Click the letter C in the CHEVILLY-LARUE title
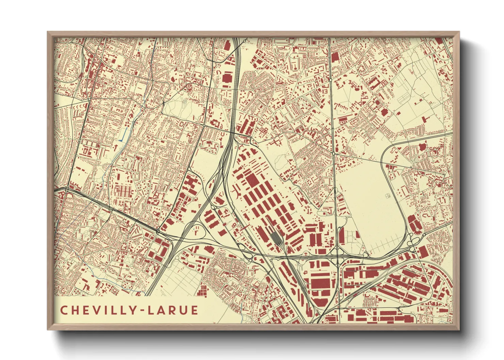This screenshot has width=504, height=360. [x=64, y=310]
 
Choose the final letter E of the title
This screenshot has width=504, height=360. [x=194, y=310]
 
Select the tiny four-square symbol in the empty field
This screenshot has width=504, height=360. [x=387, y=196]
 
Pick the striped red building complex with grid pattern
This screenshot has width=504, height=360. [x=123, y=191]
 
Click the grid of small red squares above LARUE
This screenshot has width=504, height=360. [x=202, y=291]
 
